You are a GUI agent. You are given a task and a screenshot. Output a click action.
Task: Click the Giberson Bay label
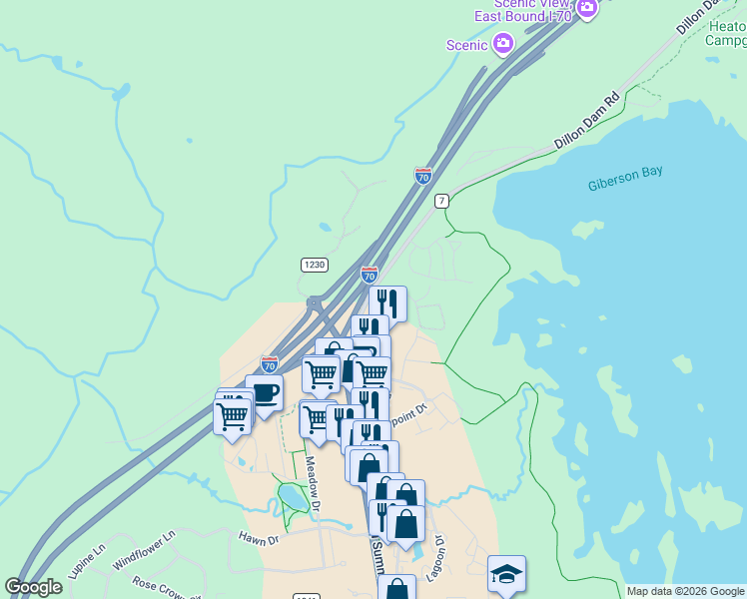pos(625,178)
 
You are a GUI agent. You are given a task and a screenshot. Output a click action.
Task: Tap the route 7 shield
pos(441,201)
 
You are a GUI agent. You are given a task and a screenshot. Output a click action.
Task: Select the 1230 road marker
pos(314,265)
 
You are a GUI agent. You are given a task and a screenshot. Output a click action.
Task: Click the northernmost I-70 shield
pos(423,176)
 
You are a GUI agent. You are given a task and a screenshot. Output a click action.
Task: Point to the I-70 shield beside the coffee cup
pos(270,364)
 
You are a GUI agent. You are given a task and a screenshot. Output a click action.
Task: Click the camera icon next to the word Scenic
pos(503,44)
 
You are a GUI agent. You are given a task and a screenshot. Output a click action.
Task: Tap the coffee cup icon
pos(265,391)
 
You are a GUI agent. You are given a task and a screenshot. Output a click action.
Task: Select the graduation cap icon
pos(506,573)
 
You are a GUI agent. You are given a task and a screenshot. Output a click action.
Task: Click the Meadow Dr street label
pos(312,486)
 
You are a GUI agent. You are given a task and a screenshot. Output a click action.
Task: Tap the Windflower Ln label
pos(144,549)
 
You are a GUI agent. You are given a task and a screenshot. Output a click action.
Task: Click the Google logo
pos(33,587)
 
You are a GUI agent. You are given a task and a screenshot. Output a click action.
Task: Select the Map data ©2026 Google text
pos(685,591)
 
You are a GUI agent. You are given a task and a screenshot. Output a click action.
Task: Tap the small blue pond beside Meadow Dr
pos(291,494)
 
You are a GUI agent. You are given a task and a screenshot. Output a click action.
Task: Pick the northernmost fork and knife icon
pos(387,302)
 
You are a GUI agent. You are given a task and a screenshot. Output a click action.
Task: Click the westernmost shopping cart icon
pos(232,413)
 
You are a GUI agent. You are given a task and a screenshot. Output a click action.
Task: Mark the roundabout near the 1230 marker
pos(316,302)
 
